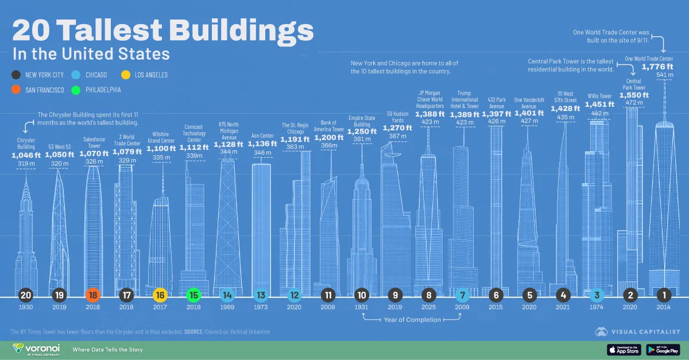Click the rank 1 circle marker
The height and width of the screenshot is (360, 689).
[x=665, y=296]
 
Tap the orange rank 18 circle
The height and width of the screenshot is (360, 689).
[x=92, y=296]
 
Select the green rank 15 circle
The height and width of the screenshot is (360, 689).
[x=193, y=296]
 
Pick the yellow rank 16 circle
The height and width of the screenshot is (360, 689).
[x=160, y=296]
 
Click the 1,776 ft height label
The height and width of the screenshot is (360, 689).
[x=657, y=67]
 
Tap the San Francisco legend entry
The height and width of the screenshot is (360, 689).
[x=40, y=90]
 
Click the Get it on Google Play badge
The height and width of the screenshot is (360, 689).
[x=663, y=349]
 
